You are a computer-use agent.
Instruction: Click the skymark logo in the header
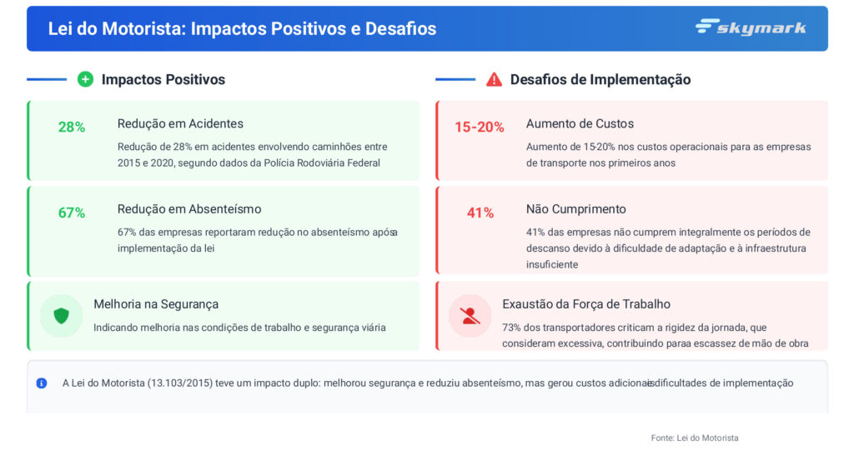(x=751, y=28)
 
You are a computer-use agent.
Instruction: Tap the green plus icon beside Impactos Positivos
(x=85, y=79)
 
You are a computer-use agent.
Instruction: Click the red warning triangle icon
(x=494, y=79)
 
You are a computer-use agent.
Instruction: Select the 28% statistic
(x=72, y=127)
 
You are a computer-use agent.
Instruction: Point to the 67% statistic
(x=72, y=213)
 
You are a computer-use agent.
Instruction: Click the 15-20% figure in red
(x=480, y=127)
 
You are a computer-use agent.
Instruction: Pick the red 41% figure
(x=480, y=213)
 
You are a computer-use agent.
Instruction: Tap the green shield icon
(x=61, y=316)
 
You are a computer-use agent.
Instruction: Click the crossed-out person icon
(x=470, y=316)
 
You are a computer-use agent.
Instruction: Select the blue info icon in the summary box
(x=42, y=383)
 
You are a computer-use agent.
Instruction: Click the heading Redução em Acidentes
(x=180, y=123)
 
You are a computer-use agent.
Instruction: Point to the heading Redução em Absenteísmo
(x=189, y=208)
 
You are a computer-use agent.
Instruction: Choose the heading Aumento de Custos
(x=580, y=123)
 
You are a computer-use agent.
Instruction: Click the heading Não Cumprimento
(x=575, y=208)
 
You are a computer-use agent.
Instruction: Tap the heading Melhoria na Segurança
(x=156, y=304)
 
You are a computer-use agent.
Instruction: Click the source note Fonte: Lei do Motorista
(x=695, y=438)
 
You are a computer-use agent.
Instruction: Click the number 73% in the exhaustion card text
(x=512, y=327)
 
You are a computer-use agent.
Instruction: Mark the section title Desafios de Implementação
(x=600, y=79)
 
